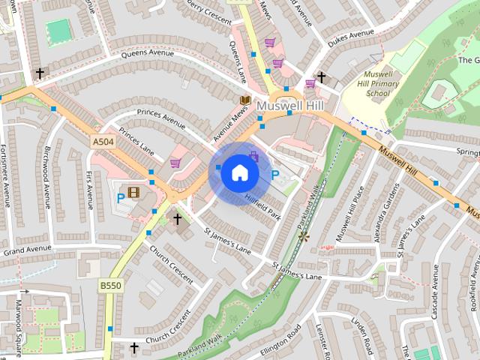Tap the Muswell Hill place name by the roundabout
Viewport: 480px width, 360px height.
(289, 107)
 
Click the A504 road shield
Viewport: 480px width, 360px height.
(105, 141)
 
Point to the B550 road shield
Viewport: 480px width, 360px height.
(110, 286)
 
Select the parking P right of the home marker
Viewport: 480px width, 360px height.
(274, 175)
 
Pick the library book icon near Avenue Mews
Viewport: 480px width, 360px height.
(244, 100)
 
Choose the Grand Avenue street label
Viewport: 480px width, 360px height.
(25, 248)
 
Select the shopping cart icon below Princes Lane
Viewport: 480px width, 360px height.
(175, 163)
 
